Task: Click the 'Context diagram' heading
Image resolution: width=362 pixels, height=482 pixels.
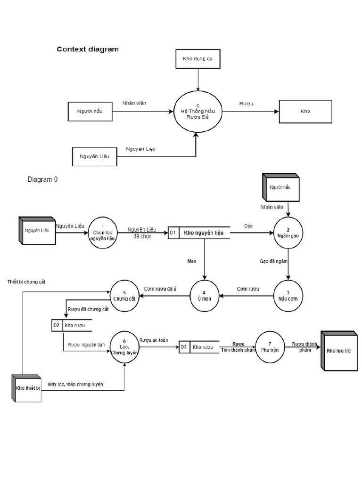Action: click(x=88, y=49)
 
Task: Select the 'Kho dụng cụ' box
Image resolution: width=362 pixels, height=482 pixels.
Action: click(x=198, y=59)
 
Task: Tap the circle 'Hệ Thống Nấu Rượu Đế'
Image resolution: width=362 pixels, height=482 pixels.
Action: click(x=198, y=112)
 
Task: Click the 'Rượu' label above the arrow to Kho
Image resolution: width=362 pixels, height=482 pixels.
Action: click(x=246, y=103)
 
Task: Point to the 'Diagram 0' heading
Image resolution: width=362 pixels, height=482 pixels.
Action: click(x=43, y=179)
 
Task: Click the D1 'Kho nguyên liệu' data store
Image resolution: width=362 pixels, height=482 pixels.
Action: click(x=199, y=233)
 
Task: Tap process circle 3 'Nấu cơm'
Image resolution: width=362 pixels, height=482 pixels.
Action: click(x=288, y=296)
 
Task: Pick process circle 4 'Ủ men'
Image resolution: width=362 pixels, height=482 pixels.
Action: click(x=205, y=296)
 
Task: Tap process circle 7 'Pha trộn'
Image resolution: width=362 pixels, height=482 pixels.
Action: click(x=270, y=348)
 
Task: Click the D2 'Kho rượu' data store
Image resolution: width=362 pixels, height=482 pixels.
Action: click(x=72, y=325)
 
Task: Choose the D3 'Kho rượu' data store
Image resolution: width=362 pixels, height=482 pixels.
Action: click(x=199, y=347)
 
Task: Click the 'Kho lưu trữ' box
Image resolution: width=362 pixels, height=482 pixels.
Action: click(x=339, y=351)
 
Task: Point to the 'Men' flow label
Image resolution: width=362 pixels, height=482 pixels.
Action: click(x=192, y=260)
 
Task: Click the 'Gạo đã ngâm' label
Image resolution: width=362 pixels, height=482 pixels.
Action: click(x=273, y=260)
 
